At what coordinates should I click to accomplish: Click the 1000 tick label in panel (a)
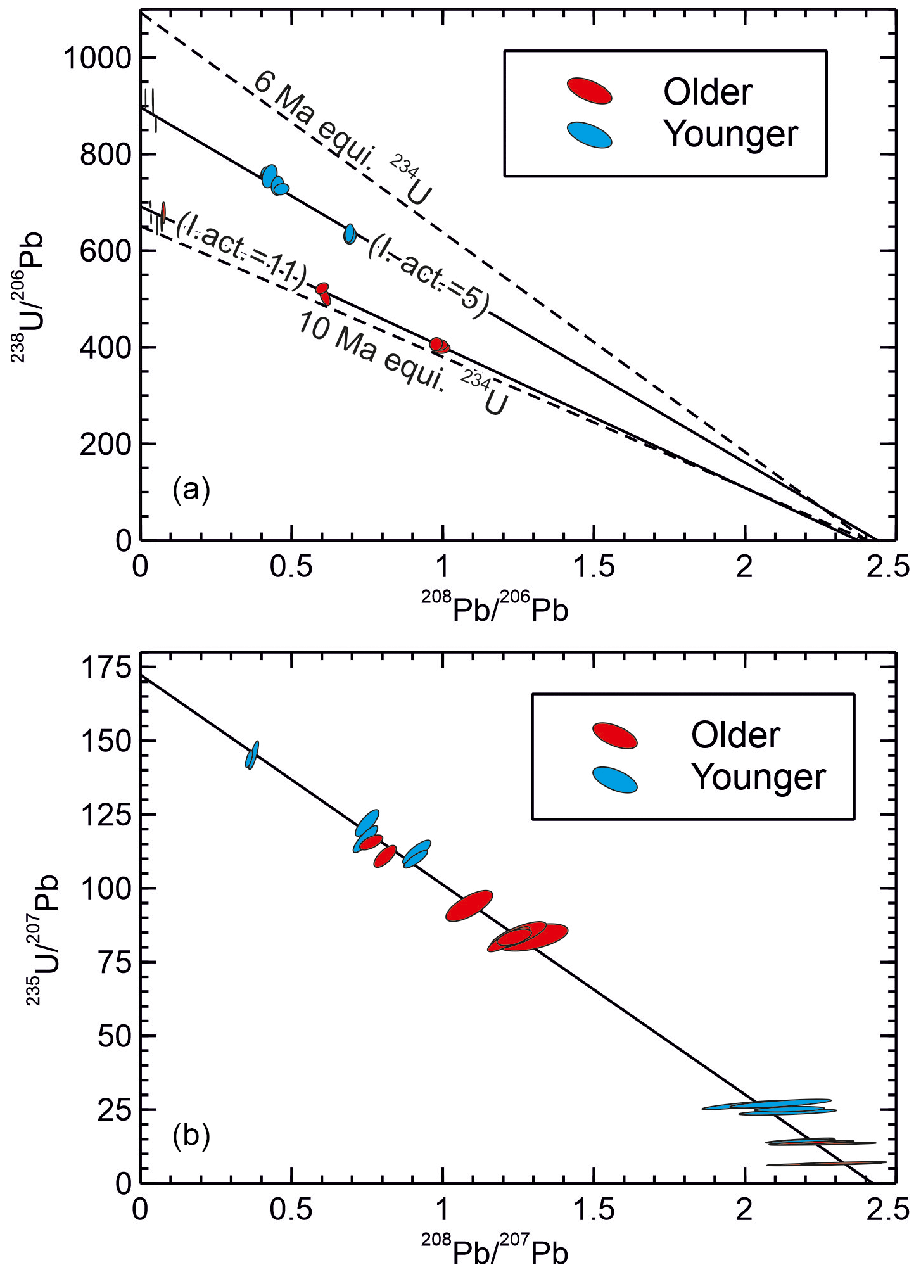click(x=97, y=59)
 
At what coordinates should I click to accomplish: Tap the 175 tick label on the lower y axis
click(x=106, y=669)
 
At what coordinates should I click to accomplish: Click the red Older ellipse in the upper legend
click(x=589, y=91)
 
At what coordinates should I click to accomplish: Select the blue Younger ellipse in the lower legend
click(x=614, y=779)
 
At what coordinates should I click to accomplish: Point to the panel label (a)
click(x=191, y=490)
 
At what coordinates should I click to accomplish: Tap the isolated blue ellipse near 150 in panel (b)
click(x=252, y=754)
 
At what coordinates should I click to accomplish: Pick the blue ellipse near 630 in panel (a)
click(x=350, y=234)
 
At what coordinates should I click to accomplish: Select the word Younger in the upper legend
click(x=731, y=135)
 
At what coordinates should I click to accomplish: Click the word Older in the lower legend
click(x=735, y=735)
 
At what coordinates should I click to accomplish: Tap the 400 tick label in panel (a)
click(x=105, y=348)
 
